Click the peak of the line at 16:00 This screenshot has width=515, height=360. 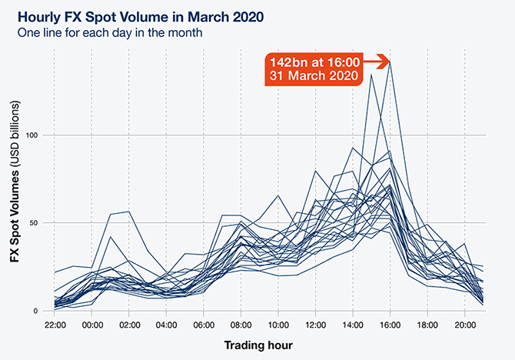click(x=390, y=62)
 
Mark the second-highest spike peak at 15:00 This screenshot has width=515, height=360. click(x=371, y=75)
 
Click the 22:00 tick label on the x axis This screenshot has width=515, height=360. click(x=55, y=325)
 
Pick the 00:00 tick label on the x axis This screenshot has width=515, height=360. click(x=92, y=325)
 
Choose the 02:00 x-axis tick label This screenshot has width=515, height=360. click(x=129, y=325)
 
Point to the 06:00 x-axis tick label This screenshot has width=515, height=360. click(x=204, y=325)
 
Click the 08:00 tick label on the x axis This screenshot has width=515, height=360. click(x=241, y=325)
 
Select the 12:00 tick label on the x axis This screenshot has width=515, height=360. click(x=315, y=325)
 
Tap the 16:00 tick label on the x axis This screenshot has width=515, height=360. click(x=390, y=325)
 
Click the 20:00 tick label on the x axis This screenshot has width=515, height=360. click(x=464, y=325)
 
